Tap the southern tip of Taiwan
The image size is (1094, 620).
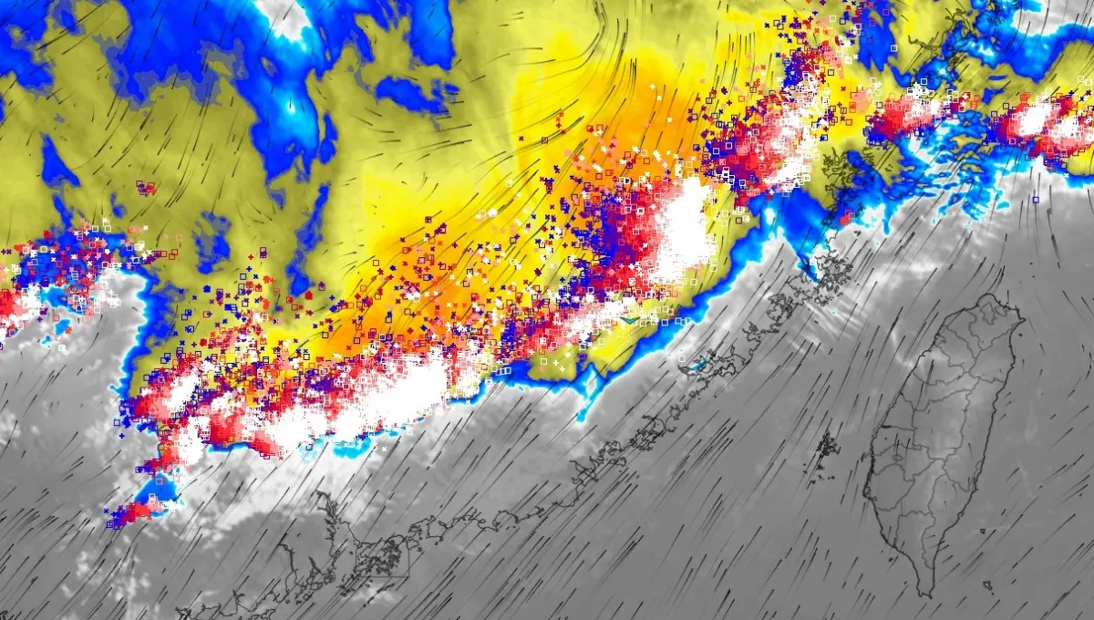tap(929, 594)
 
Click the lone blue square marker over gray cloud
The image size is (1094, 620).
tap(1036, 199)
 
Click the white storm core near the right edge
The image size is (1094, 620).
tap(1035, 119)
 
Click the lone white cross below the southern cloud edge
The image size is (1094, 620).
tap(384, 449)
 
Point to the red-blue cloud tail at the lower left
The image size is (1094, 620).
tap(128, 514)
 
